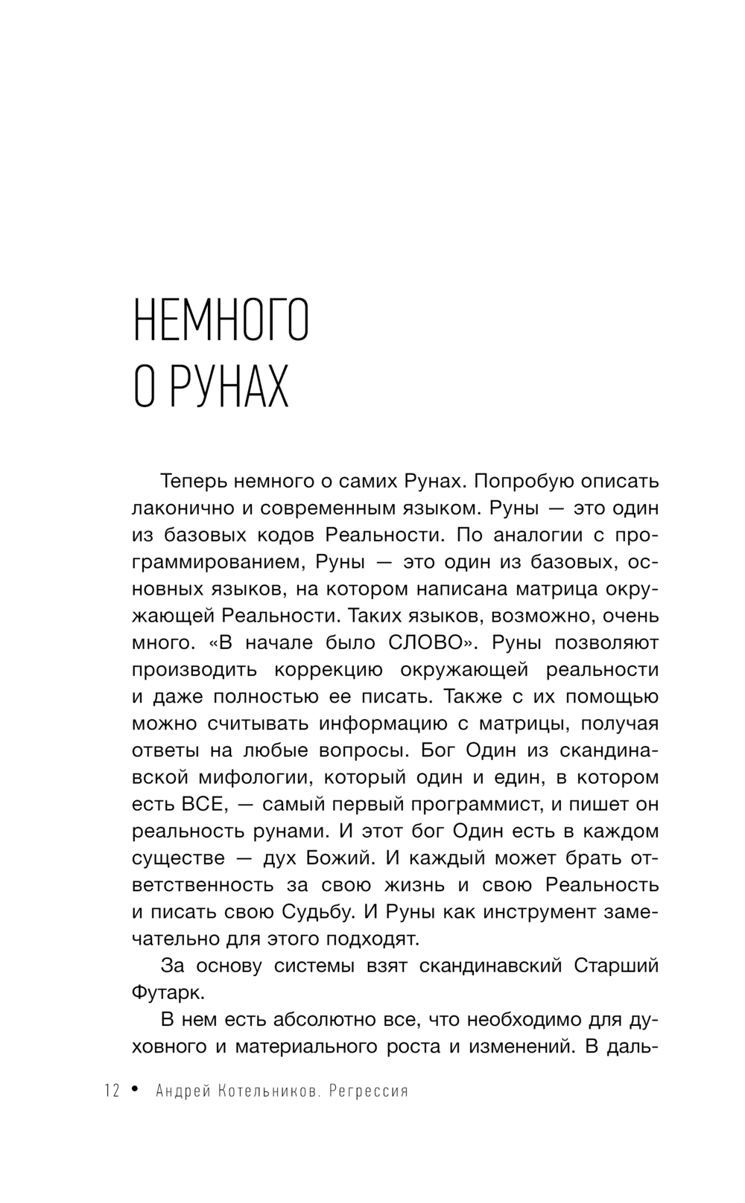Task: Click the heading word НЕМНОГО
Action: coord(221,319)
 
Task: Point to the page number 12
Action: coord(112,1091)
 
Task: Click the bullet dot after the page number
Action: coord(135,1090)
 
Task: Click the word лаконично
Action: coord(180,508)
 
